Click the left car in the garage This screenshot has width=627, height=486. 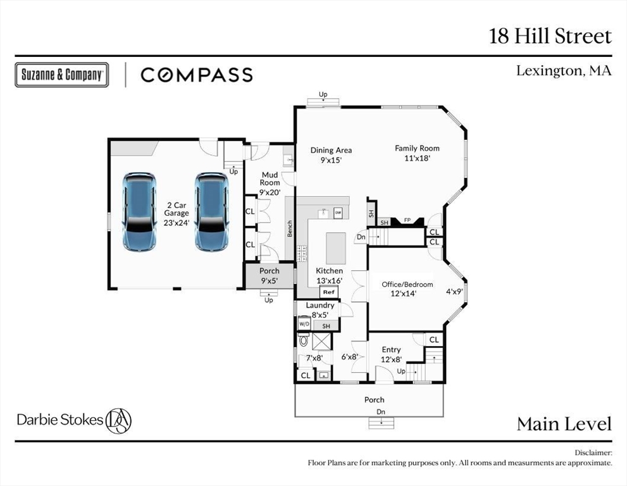139,212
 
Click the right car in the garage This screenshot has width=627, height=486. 211,212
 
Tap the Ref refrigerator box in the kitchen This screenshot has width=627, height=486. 329,292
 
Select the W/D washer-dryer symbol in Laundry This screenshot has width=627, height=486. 305,323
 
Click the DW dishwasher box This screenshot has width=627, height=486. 338,213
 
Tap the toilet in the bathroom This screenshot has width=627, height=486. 304,340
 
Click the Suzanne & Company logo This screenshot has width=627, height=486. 61,75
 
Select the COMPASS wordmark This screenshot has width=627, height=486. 197,75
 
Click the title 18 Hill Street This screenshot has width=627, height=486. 550,36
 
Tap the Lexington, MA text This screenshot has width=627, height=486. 564,71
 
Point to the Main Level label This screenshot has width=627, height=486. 564,424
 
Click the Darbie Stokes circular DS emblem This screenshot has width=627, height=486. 118,420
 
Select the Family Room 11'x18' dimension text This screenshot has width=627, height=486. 417,158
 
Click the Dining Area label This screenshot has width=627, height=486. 331,151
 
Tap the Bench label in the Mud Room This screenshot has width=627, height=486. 290,228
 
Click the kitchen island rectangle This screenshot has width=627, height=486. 336,248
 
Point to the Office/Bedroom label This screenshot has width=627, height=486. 407,284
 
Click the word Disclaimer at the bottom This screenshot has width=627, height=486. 593,453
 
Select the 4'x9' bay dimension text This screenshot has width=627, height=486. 455,292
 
